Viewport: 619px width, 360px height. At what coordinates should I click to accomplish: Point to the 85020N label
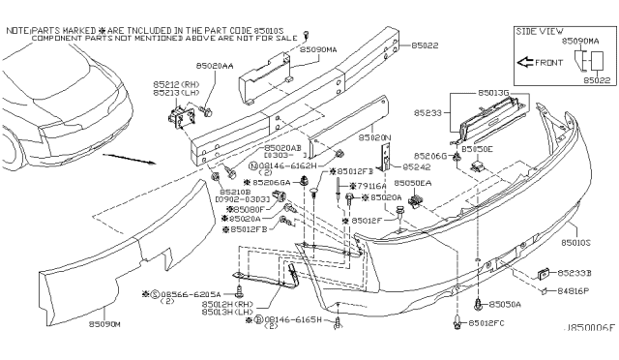pyautogui.click(x=349, y=137)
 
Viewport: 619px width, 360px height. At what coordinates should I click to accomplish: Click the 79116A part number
pyautogui.click(x=371, y=185)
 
